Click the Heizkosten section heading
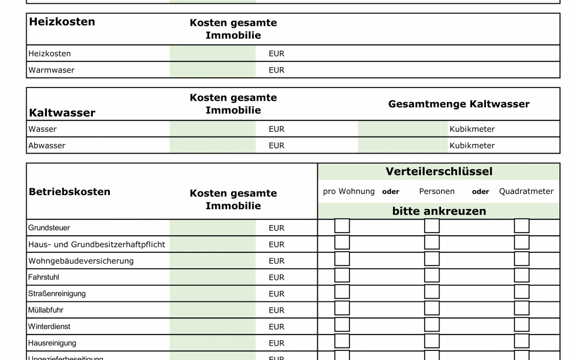click(62, 22)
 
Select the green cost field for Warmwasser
click(212, 70)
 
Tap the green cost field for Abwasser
click(212, 145)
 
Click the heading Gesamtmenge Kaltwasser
click(459, 104)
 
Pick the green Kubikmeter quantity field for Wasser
click(403, 129)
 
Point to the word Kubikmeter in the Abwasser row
click(472, 145)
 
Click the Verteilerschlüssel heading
click(439, 172)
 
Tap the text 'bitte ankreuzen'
click(439, 211)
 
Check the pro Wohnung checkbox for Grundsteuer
click(342, 226)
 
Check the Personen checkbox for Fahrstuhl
click(431, 276)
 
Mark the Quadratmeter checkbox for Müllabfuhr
click(522, 309)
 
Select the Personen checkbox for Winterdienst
click(431, 325)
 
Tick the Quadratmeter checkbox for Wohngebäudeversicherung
click(522, 259)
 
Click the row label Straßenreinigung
click(57, 293)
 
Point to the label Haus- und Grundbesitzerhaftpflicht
click(97, 244)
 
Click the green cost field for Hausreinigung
click(212, 343)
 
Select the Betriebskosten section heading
click(69, 192)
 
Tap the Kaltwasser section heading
click(62, 113)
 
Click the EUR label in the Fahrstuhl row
click(276, 277)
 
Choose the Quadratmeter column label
click(526, 191)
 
